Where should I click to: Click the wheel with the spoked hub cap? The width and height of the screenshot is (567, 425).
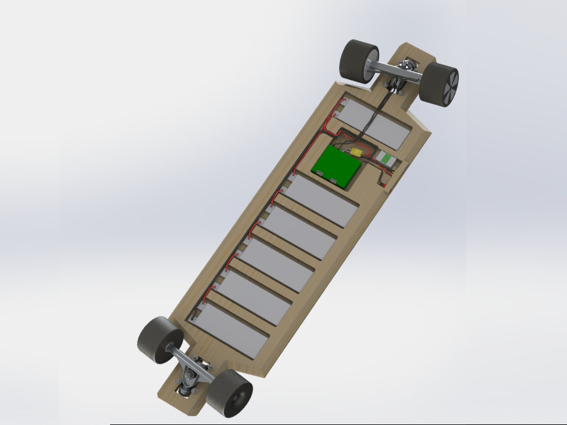441,84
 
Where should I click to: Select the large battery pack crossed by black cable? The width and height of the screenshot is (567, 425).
375,125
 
